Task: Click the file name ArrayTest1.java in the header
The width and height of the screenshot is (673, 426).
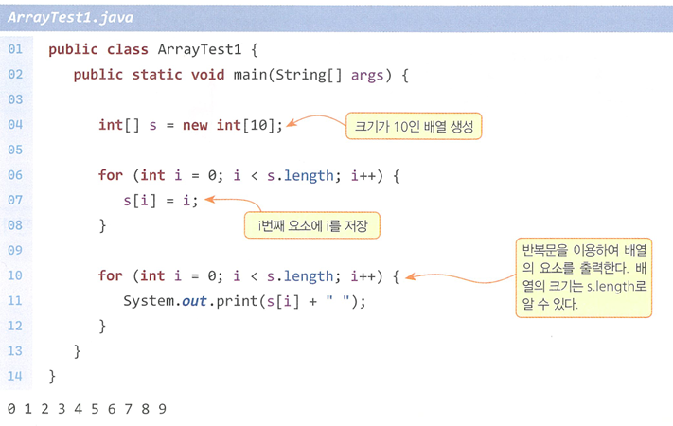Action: click(x=70, y=18)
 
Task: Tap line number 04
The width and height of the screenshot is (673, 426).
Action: click(x=15, y=125)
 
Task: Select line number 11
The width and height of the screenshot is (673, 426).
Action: click(x=15, y=301)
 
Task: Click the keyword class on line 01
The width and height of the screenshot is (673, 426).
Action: click(x=128, y=49)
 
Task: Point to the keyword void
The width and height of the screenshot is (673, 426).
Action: click(x=207, y=75)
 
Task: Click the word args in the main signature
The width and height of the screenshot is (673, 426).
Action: click(x=367, y=76)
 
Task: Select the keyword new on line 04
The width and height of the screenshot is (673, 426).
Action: click(x=195, y=125)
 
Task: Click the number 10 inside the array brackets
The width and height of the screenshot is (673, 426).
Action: click(x=258, y=125)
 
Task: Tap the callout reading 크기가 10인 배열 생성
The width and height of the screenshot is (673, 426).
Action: click(x=414, y=126)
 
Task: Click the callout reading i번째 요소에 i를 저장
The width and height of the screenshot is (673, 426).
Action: click(x=312, y=225)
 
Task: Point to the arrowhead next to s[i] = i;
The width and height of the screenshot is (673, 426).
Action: click(x=209, y=199)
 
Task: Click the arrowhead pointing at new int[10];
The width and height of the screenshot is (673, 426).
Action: click(x=292, y=123)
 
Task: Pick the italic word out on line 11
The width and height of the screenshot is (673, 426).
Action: click(x=194, y=301)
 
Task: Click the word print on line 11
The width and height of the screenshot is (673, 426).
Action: click(x=237, y=301)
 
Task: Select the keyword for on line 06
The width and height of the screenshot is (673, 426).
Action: click(x=111, y=175)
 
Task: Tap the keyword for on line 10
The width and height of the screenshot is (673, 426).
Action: click(x=111, y=275)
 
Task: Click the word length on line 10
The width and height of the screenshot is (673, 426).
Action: click(x=309, y=276)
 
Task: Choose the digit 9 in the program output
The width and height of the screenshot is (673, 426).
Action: click(x=162, y=409)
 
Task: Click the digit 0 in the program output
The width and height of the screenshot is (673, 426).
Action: click(x=11, y=409)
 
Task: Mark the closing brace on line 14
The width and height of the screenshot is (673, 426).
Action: click(x=52, y=377)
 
